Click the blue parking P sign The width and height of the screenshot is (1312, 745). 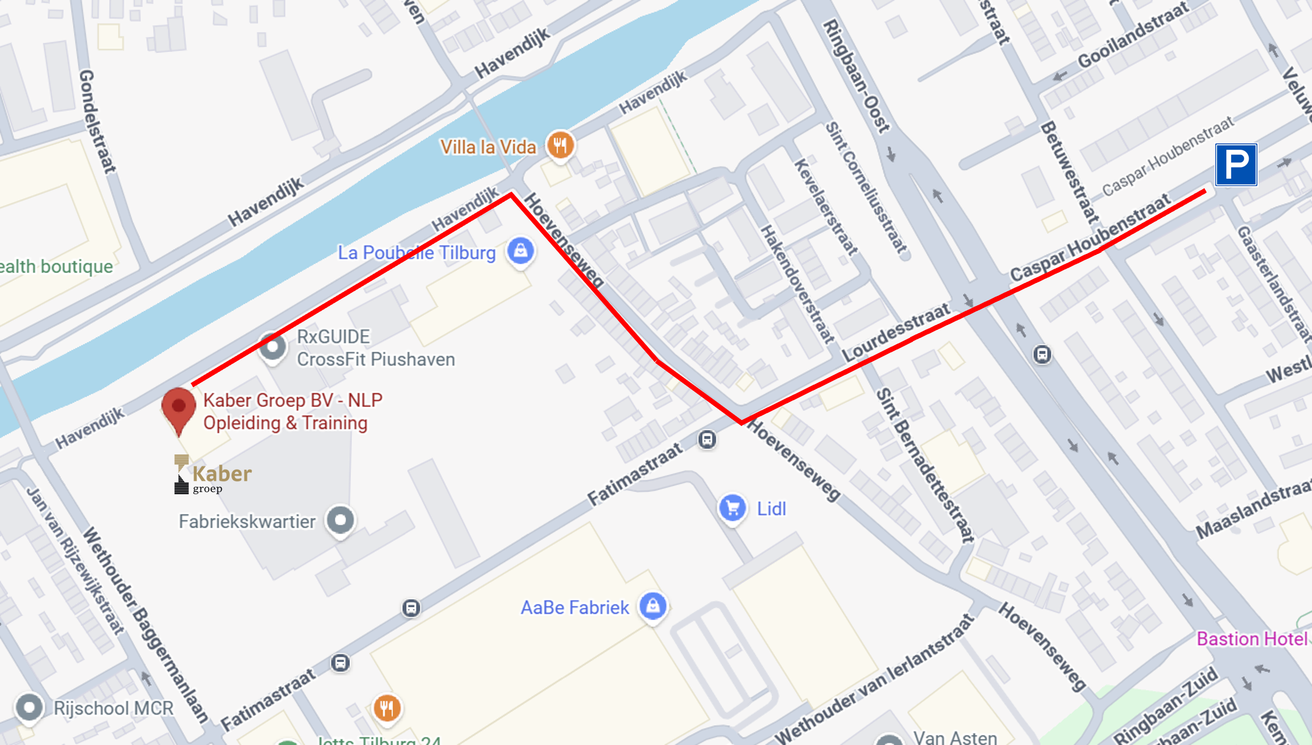pos(1236,165)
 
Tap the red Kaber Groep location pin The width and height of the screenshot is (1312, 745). pos(179,409)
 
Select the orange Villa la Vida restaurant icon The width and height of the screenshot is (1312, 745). pos(560,145)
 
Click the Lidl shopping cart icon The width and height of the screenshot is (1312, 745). pos(732,508)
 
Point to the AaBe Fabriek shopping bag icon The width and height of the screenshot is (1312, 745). pos(653,606)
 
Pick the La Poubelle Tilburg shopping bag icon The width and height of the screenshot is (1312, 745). pos(520,251)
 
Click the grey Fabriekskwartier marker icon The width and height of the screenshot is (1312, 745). pos(340,520)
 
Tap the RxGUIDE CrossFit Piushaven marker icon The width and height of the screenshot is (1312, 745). pos(272,346)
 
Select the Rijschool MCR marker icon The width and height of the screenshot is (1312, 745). pos(29,707)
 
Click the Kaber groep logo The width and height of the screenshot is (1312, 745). pos(212,475)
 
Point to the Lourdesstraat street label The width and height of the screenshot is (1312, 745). pos(896,332)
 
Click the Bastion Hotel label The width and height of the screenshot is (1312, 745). pos(1252,638)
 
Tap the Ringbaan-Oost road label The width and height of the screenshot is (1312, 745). pos(856,76)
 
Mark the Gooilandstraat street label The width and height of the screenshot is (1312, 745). pos(1132,35)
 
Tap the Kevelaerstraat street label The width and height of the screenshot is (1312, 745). pos(825,207)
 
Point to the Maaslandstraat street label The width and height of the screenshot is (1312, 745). pos(1252,509)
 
